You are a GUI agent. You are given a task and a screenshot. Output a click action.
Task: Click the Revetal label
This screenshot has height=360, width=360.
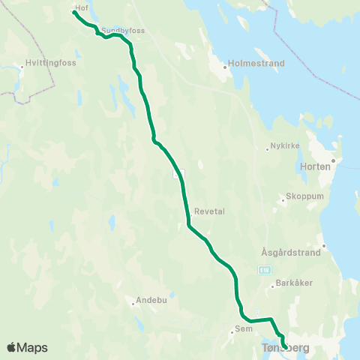[209, 211]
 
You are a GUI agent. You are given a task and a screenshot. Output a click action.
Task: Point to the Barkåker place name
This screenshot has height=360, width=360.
[293, 283]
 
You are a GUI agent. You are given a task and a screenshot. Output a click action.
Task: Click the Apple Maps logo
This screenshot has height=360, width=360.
[27, 347]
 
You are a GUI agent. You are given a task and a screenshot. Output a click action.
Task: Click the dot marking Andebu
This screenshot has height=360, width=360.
[133, 303]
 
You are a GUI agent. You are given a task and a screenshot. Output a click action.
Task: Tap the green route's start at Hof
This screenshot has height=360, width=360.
[73, 12]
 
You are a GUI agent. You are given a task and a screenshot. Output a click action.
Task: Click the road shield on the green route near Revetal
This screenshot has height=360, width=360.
[178, 174]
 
